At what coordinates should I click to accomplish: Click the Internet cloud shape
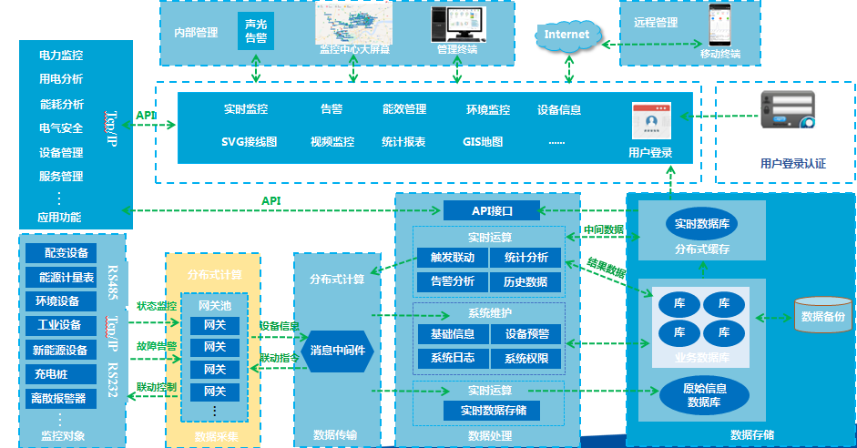pos(566,35)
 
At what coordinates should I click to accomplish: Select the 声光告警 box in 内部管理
pos(256,30)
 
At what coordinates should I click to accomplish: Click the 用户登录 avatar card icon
pos(650,121)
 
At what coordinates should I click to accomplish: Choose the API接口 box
pos(492,211)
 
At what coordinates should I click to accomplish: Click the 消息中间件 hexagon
pos(338,351)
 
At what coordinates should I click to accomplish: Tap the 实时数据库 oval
pos(701,223)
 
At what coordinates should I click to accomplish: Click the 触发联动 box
pos(451,258)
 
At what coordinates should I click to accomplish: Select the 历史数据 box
pos(525,281)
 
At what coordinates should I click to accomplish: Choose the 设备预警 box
pos(525,334)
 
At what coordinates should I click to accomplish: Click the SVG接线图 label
pos(249,142)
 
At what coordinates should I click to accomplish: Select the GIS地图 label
pos(482,142)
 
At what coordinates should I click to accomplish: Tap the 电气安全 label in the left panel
pos(61,128)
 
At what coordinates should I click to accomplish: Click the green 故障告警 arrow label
pos(157,346)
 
